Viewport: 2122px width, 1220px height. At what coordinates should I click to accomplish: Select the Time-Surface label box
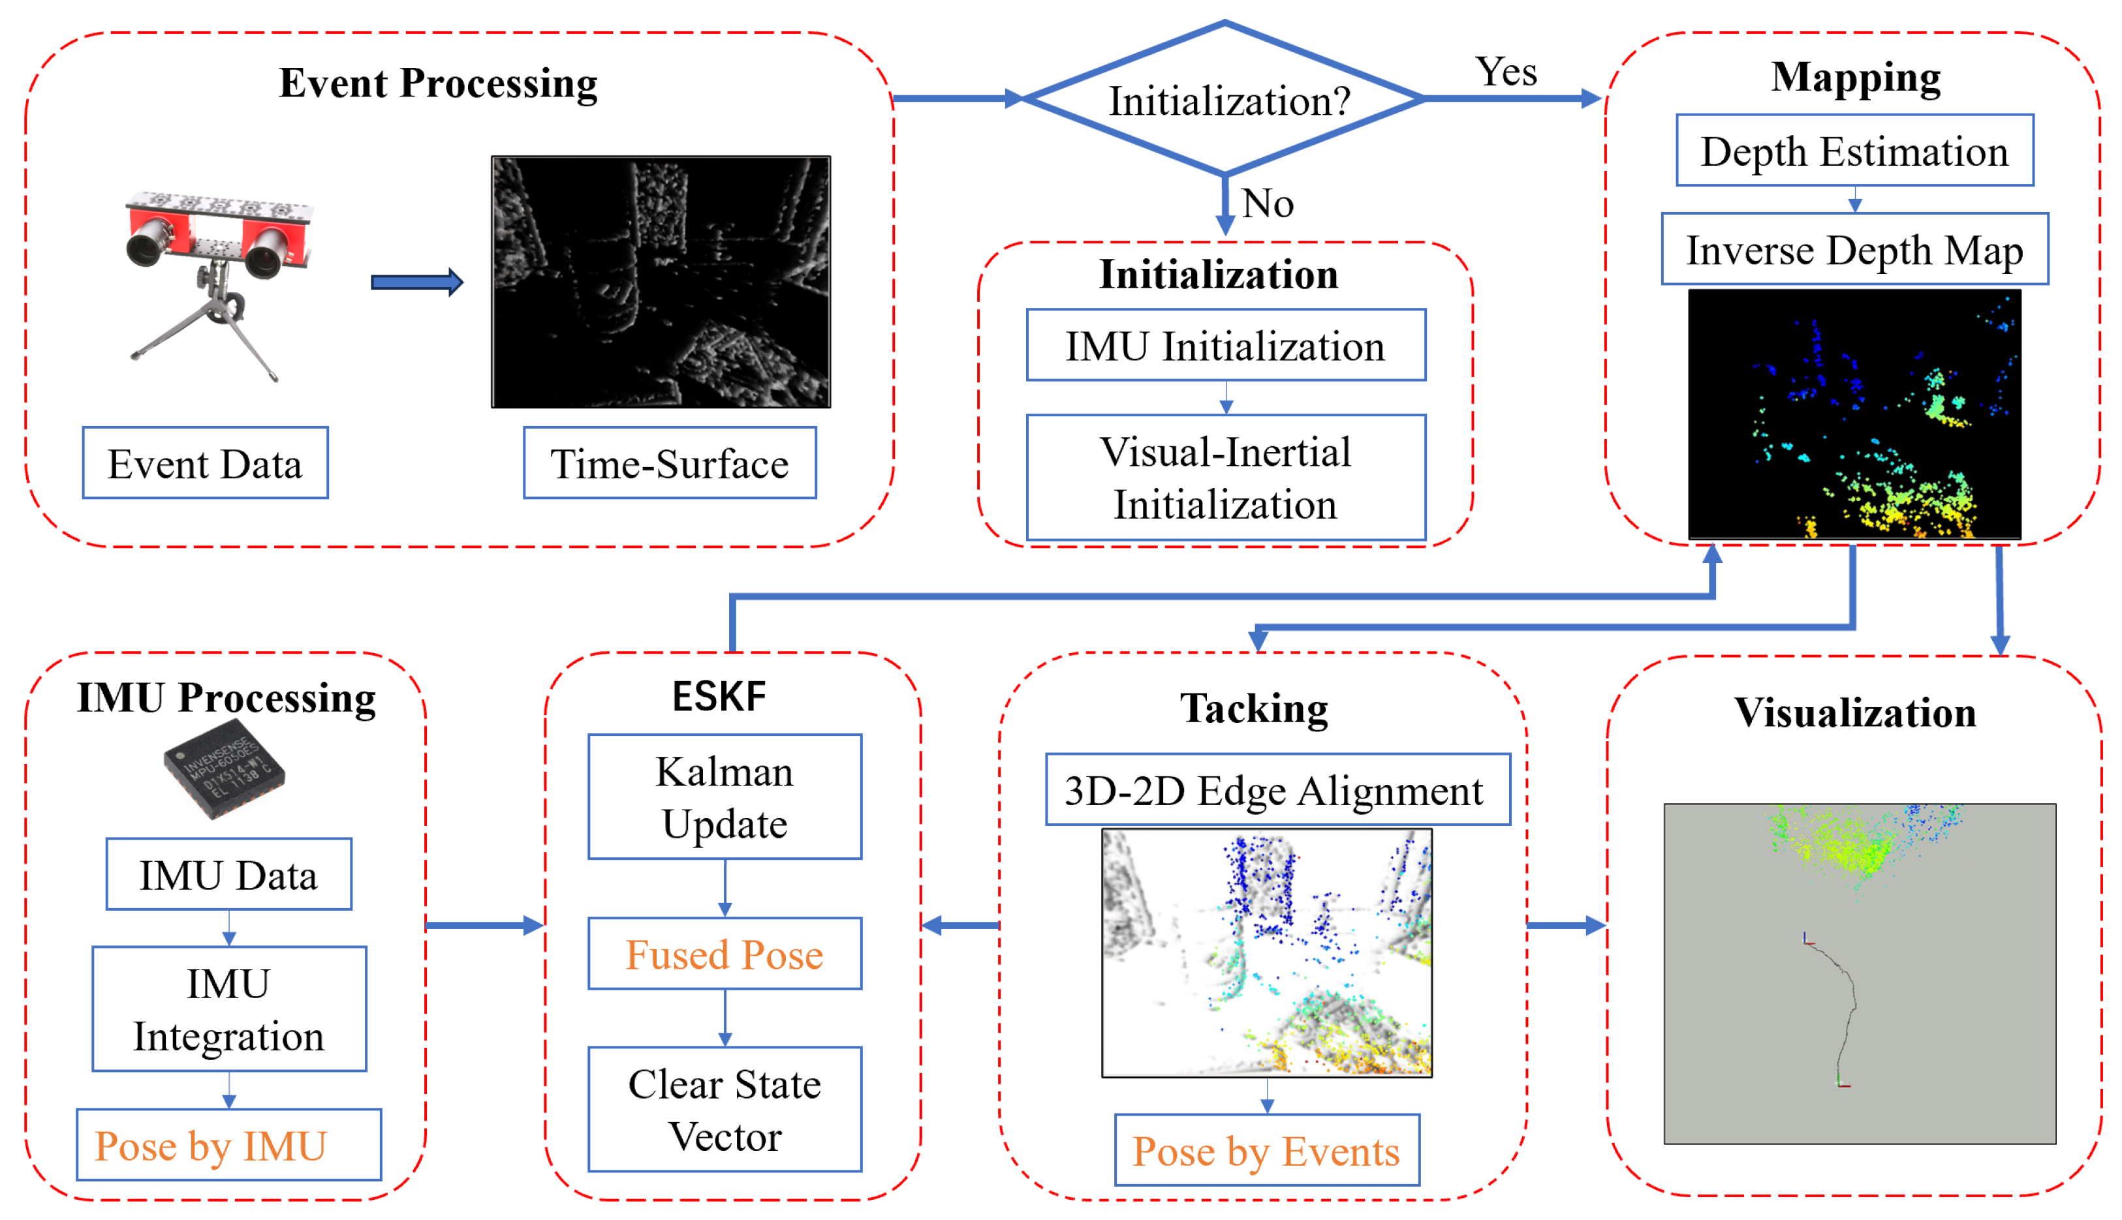(669, 463)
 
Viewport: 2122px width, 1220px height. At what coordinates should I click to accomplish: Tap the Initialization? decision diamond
(1225, 100)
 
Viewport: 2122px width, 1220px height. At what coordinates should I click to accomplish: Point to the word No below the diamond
(1267, 204)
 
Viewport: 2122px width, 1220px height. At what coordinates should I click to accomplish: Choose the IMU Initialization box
(1225, 345)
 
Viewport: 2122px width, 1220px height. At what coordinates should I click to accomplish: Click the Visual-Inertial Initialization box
(1225, 478)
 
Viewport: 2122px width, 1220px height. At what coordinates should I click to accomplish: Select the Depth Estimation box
(1854, 151)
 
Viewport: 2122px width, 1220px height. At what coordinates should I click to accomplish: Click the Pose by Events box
(1266, 1150)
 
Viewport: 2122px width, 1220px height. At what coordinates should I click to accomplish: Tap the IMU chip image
(224, 769)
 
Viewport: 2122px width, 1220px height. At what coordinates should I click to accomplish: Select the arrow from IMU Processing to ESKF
(484, 926)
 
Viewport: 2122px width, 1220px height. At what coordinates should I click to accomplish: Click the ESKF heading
(719, 696)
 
